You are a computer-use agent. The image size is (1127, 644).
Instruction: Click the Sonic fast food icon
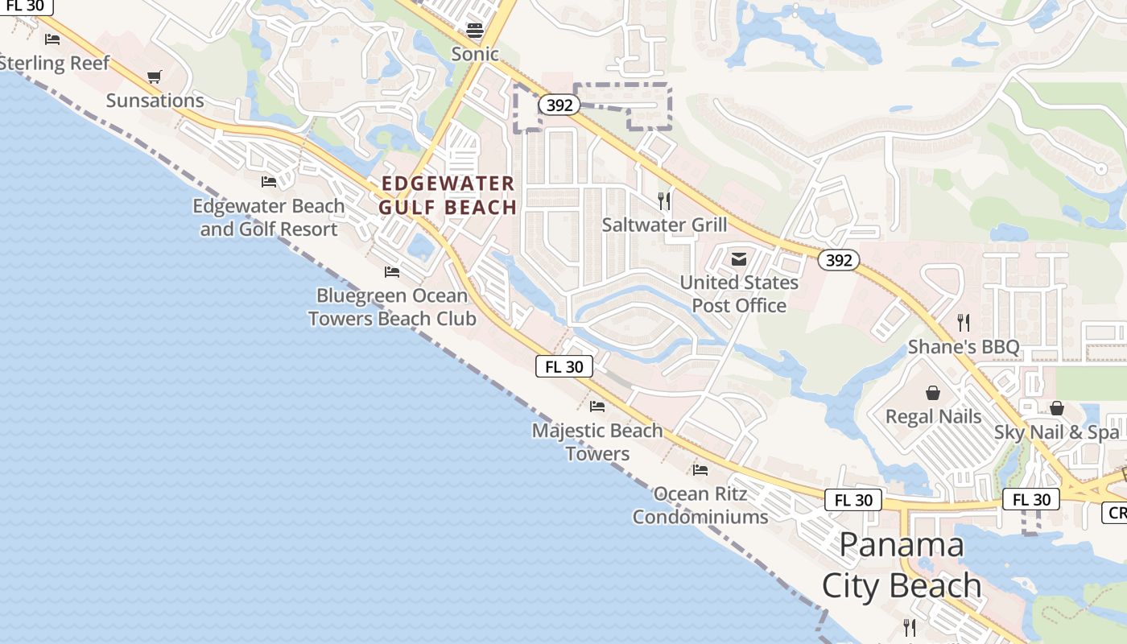(x=475, y=31)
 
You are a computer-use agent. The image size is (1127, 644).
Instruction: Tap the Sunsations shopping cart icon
(x=155, y=77)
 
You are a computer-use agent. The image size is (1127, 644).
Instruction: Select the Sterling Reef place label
(x=53, y=63)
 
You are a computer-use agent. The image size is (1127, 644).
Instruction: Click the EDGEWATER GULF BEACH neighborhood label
(x=448, y=196)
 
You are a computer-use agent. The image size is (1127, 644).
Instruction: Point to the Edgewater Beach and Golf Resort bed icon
(x=269, y=182)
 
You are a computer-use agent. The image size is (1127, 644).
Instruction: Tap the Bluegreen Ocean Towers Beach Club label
(x=392, y=307)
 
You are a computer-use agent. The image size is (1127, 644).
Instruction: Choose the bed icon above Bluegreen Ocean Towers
(x=392, y=272)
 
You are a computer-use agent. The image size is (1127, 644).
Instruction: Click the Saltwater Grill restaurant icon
(x=664, y=200)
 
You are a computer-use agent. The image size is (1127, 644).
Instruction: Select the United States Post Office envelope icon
(x=738, y=259)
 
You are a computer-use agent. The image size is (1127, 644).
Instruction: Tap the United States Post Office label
(x=739, y=294)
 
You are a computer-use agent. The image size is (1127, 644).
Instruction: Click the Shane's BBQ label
(x=964, y=347)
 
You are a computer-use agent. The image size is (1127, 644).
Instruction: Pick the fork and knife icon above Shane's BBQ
(x=964, y=323)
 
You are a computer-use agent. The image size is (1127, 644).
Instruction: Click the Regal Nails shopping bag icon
(x=933, y=393)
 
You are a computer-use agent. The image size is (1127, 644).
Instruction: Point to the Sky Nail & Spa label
(x=1056, y=431)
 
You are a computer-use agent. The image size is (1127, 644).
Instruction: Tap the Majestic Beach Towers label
(x=597, y=442)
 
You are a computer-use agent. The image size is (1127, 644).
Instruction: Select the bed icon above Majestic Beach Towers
(x=597, y=407)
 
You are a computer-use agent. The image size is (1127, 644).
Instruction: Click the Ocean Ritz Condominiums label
(x=700, y=505)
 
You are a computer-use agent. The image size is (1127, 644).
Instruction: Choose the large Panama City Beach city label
(x=902, y=565)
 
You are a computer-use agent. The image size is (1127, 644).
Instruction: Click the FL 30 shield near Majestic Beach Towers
(x=564, y=366)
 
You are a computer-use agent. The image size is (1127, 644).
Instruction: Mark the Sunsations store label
(x=155, y=101)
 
